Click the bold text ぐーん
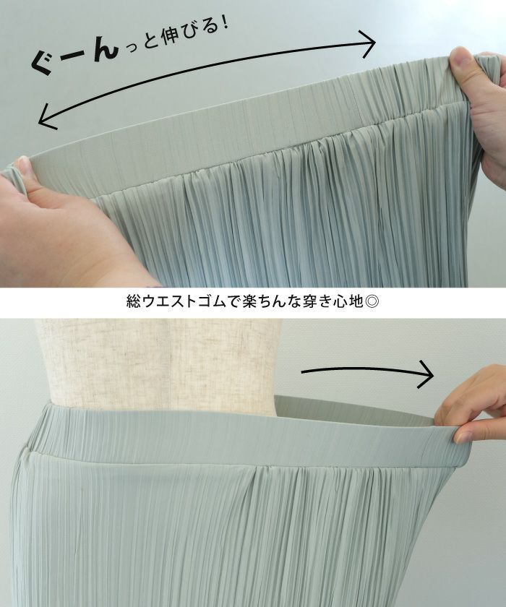pyautogui.click(x=74, y=57)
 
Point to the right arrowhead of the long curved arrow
pyautogui.click(x=367, y=43)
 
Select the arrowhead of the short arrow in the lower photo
pyautogui.click(x=425, y=374)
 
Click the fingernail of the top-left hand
pyautogui.click(x=23, y=165)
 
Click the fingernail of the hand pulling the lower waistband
pyautogui.click(x=463, y=437)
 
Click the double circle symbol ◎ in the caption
pyautogui.click(x=372, y=301)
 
